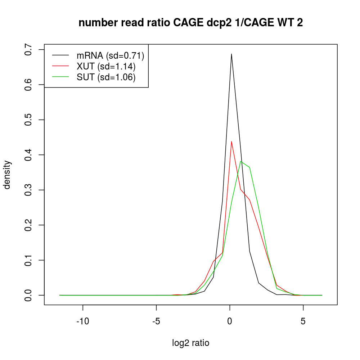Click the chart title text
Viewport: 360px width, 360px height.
click(x=190, y=23)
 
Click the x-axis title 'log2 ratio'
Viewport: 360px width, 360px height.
click(x=191, y=343)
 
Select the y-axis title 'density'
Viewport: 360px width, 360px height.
click(x=7, y=175)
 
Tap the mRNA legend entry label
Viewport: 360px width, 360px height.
click(x=110, y=55)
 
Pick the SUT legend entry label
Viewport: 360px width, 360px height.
click(x=106, y=77)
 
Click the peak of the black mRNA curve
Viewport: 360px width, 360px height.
click(x=231, y=54)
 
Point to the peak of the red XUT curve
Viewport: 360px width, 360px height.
click(x=231, y=141)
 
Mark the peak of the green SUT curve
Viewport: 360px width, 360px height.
click(x=240, y=161)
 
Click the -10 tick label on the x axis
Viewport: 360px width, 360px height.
click(x=83, y=321)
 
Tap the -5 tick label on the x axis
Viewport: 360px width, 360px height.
click(x=156, y=321)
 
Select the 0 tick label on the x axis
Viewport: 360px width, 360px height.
click(x=230, y=321)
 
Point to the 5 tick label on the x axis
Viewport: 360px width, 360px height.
click(x=303, y=321)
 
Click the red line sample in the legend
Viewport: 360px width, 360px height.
click(x=60, y=66)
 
